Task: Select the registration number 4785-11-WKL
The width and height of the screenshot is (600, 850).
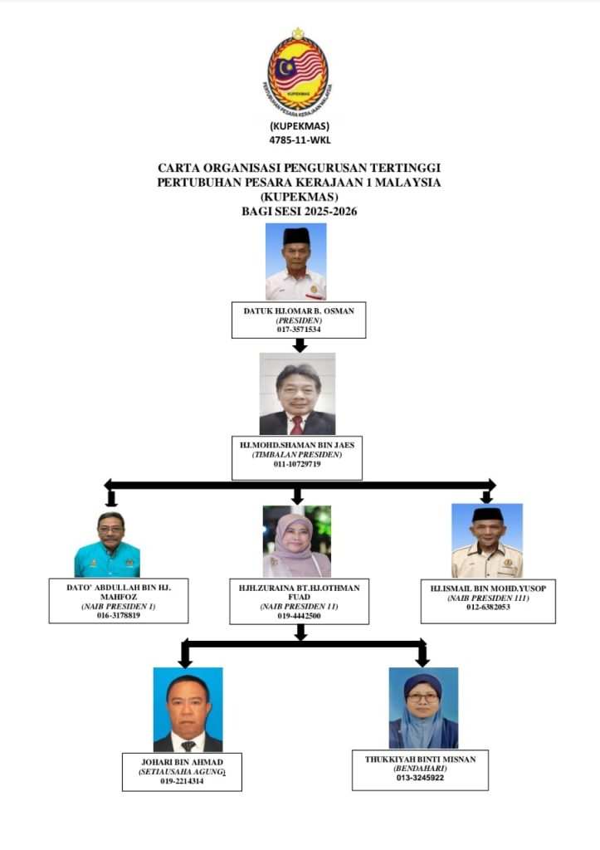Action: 300,139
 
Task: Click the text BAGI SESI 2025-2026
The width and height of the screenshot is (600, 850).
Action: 300,212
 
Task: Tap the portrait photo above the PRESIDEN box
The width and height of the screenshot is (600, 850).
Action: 296,261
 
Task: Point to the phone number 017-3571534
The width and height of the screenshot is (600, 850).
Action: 299,329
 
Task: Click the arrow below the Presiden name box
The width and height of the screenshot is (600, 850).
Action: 300,345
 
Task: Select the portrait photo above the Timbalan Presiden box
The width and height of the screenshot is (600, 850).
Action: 297,393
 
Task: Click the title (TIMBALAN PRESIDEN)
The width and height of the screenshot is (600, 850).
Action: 297,454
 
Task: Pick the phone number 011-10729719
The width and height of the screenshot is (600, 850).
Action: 297,464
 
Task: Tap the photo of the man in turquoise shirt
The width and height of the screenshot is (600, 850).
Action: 107,545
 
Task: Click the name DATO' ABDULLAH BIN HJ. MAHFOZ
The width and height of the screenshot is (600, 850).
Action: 119,592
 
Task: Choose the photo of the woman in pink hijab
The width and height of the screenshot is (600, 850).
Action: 296,541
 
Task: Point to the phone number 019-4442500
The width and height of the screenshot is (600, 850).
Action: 300,616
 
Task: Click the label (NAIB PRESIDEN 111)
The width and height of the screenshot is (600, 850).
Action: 488,598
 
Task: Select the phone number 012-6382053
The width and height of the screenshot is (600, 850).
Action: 488,607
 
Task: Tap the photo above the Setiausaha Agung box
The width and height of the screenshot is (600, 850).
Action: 188,709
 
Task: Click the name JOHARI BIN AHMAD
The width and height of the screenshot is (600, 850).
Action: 182,762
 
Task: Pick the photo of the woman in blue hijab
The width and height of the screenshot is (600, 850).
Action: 423,708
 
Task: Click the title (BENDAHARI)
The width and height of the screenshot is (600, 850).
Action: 420,769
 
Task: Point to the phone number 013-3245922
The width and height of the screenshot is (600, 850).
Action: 420,778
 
